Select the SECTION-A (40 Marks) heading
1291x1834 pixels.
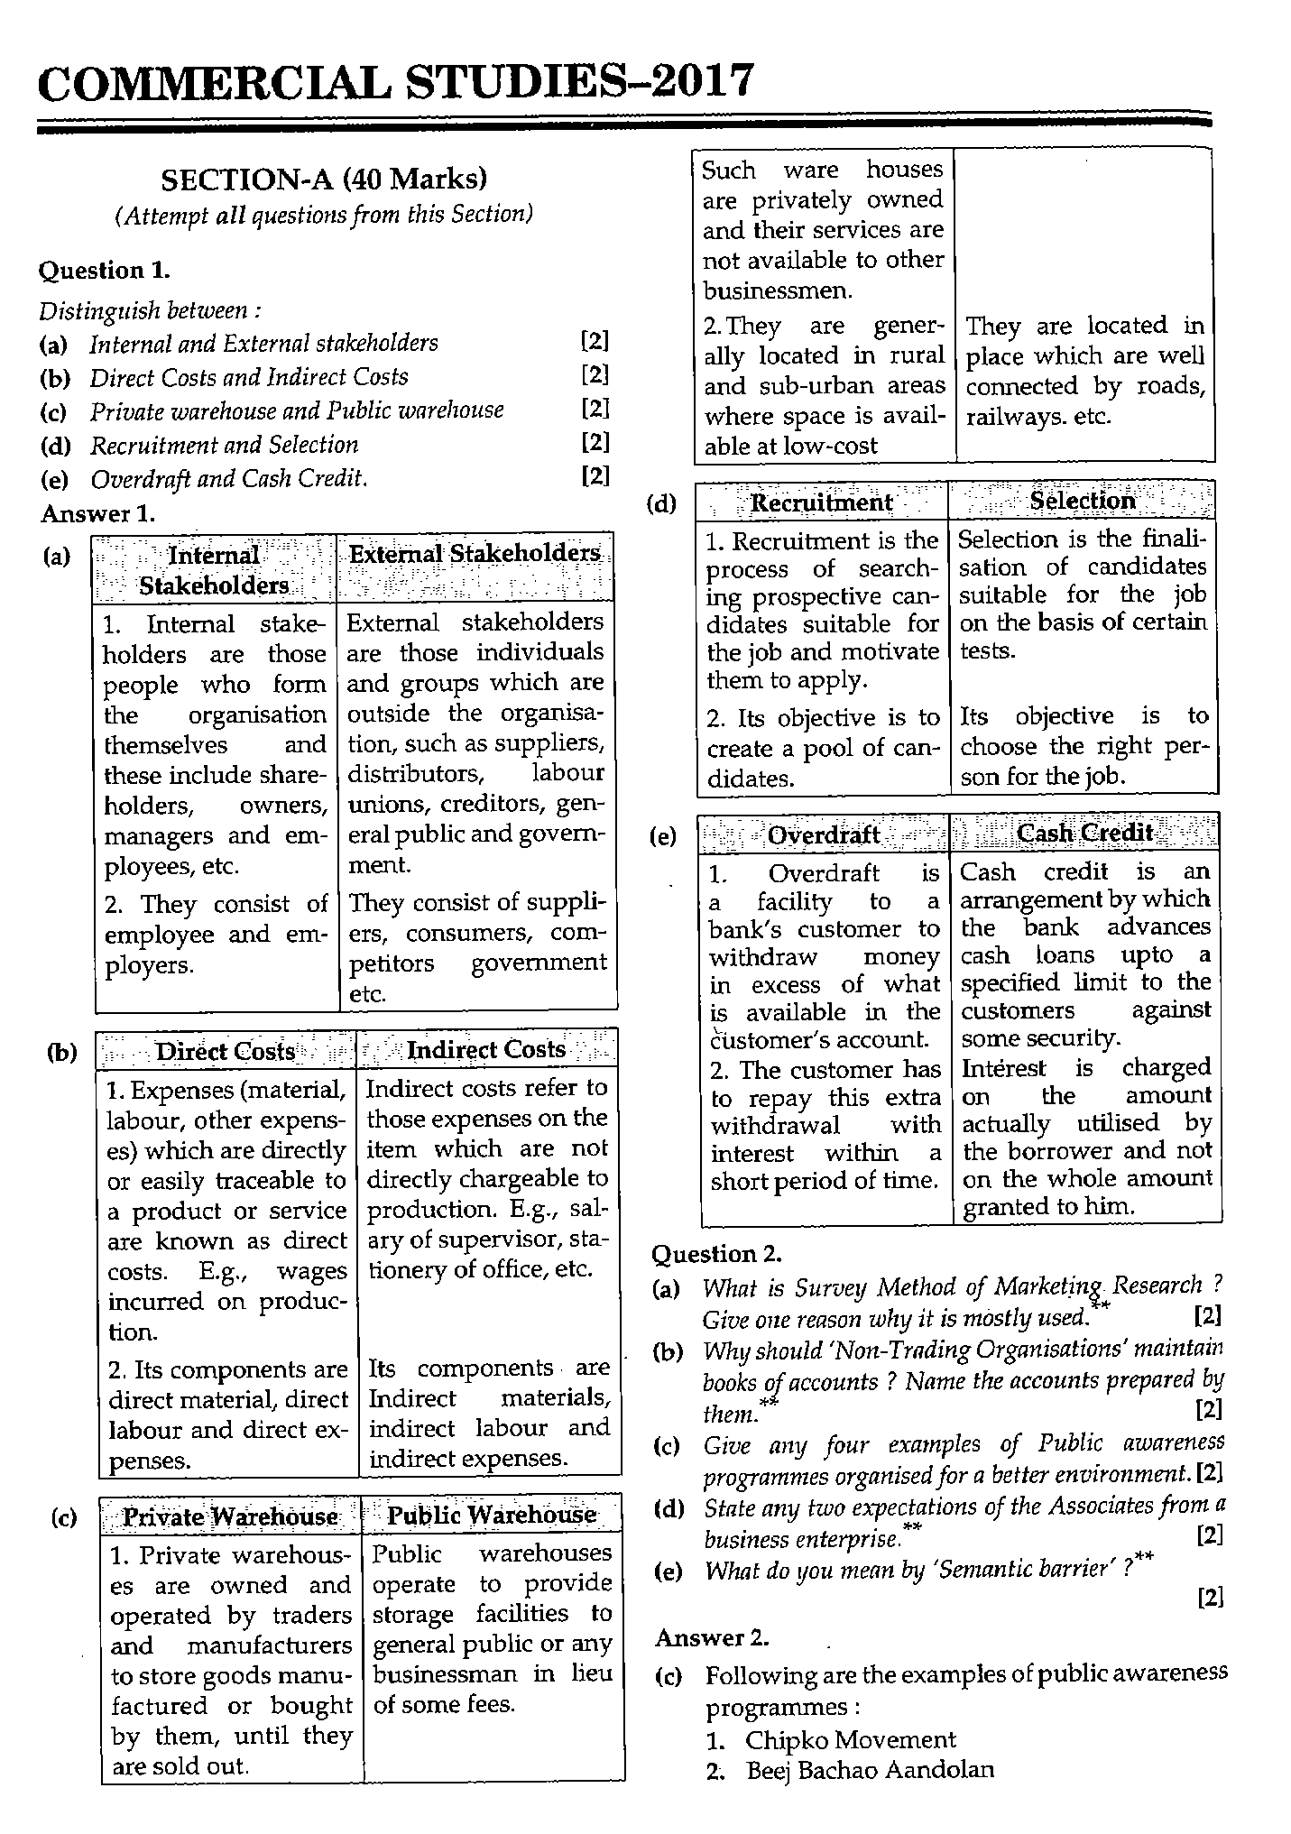pyautogui.click(x=324, y=180)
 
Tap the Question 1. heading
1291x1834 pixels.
pyautogui.click(x=104, y=270)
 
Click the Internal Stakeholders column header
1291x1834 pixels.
pyautogui.click(x=214, y=570)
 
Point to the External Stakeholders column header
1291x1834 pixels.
pyautogui.click(x=475, y=554)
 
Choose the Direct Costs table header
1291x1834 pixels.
pyautogui.click(x=226, y=1052)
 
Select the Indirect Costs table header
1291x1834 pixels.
pyautogui.click(x=486, y=1050)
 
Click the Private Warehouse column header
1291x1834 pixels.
pyautogui.click(x=229, y=1516)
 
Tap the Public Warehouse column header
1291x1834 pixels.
pyautogui.click(x=492, y=1515)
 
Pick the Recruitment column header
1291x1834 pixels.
pyautogui.click(x=821, y=502)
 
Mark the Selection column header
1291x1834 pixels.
pyautogui.click(x=1083, y=501)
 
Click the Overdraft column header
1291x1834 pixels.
pyautogui.click(x=823, y=834)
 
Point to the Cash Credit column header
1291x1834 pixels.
pyautogui.click(x=1085, y=832)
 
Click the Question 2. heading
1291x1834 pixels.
pyautogui.click(x=716, y=1254)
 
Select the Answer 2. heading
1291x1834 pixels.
pyautogui.click(x=712, y=1637)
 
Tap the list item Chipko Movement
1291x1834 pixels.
pyautogui.click(x=849, y=1739)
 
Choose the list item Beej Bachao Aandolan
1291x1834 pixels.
pyautogui.click(x=869, y=1770)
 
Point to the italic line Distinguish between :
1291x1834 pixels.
pyautogui.click(x=151, y=311)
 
